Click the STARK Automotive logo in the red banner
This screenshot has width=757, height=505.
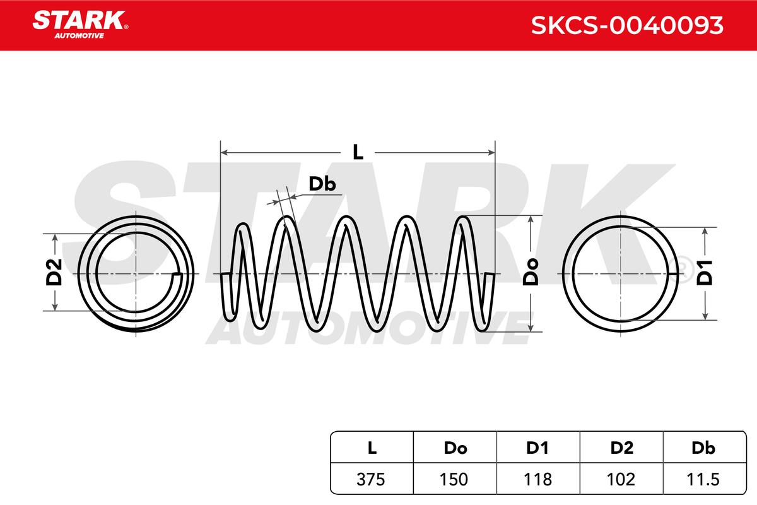pos(80,25)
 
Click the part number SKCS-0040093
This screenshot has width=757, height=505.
pos(627,25)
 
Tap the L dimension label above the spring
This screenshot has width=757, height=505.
pos(358,152)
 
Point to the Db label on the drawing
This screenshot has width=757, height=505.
pos(322,184)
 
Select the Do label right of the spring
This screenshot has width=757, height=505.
pos(531,272)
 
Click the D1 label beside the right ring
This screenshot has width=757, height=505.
pos(705,273)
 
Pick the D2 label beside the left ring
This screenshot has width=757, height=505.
pos(54,272)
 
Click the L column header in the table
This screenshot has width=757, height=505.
pos(372,448)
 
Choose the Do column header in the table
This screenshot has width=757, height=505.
pos(455,448)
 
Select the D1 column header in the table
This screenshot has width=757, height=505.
pos(537,448)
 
